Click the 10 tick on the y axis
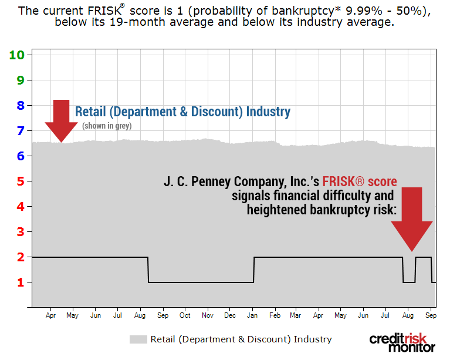pyautogui.click(x=16, y=55)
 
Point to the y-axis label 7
pyautogui.click(x=20, y=131)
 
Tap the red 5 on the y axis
pyautogui.click(x=20, y=181)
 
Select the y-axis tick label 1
pyautogui.click(x=20, y=282)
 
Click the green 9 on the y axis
pyautogui.click(x=20, y=80)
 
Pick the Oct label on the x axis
pyautogui.click(x=185, y=315)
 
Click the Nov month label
pyautogui.click(x=207, y=315)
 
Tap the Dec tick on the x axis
pyautogui.click(x=230, y=315)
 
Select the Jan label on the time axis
pyautogui.click(x=252, y=315)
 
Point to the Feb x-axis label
pyautogui.click(x=275, y=315)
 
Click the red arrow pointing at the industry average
pyautogui.click(x=61, y=120)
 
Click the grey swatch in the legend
pyautogui.click(x=138, y=339)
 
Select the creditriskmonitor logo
pyautogui.click(x=403, y=342)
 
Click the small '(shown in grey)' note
pyautogui.click(x=107, y=126)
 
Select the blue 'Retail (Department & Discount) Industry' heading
pyautogui.click(x=182, y=112)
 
